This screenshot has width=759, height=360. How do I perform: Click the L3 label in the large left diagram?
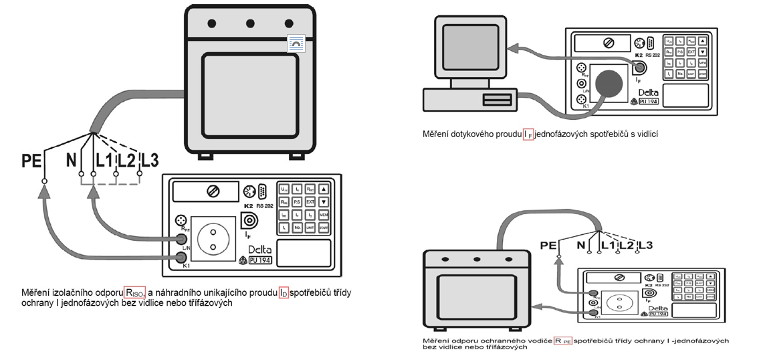148,161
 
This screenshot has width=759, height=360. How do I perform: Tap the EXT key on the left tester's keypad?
310,201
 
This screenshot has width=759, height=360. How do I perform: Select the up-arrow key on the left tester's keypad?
324,188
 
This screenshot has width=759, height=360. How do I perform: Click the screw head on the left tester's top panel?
214,192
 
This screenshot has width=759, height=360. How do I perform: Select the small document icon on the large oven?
295,44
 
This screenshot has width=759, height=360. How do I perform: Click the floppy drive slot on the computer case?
498,100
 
